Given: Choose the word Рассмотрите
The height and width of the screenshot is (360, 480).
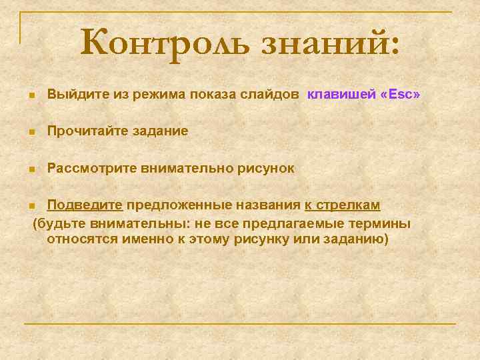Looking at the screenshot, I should (x=91, y=169).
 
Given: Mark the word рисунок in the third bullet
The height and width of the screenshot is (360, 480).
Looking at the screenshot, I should (x=265, y=169).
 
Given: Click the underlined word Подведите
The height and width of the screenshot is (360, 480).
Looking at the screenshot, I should (x=85, y=205).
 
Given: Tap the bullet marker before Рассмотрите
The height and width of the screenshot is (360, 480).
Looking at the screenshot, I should (x=31, y=169).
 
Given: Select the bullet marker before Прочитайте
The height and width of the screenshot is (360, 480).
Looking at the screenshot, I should (x=31, y=133).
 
